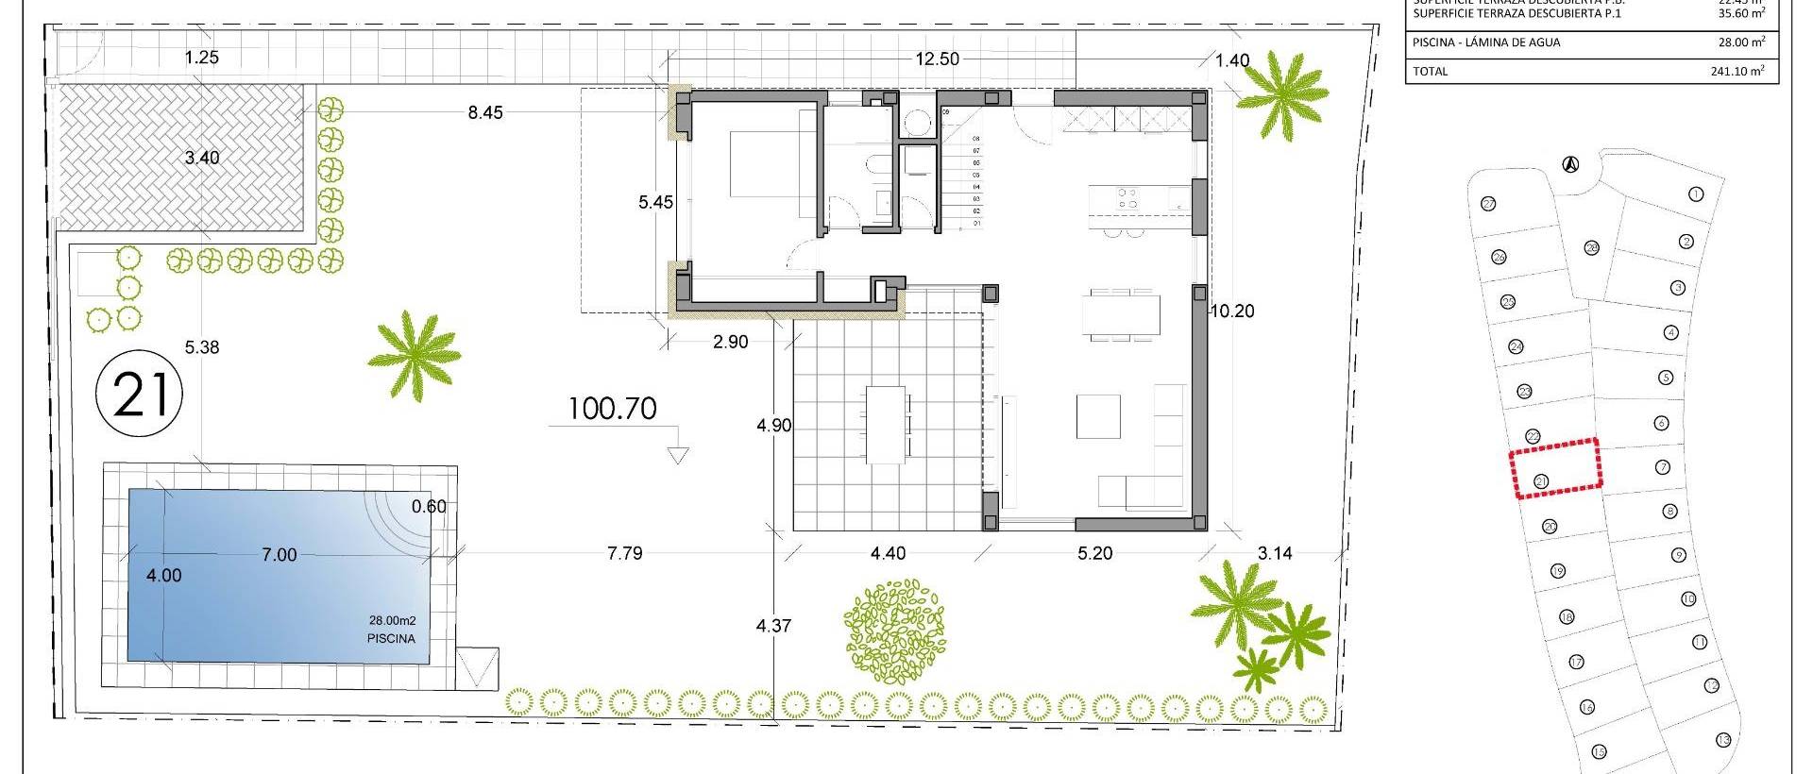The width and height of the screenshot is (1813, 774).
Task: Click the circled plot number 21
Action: point(140,395)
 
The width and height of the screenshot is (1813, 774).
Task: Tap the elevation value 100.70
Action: point(613,409)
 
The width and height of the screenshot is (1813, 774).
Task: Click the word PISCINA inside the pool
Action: point(391,638)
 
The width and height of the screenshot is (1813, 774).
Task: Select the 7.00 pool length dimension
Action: point(279,555)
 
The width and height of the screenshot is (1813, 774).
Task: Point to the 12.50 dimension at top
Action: point(937,59)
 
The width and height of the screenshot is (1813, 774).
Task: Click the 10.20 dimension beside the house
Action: point(1232,311)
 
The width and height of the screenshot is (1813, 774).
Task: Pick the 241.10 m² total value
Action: point(1737,71)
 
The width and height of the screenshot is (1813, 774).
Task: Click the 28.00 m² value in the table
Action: point(1742,42)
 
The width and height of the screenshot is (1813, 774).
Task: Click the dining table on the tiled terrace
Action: point(886,424)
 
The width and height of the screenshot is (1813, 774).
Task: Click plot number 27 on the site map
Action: point(1488,204)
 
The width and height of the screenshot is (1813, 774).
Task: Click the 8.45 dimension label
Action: point(485,112)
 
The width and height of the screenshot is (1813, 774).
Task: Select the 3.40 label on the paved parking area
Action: point(201,158)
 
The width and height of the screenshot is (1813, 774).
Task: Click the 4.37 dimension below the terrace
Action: point(773,625)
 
